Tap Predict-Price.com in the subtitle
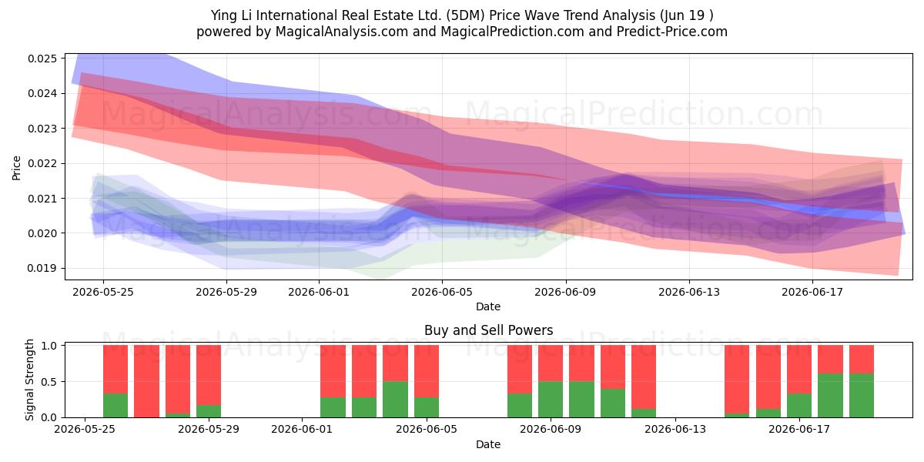(x=672, y=32)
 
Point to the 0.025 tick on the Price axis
(x=42, y=59)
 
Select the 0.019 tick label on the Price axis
(x=42, y=269)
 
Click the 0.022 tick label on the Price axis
(x=42, y=164)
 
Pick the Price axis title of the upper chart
(x=16, y=168)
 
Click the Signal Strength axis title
(x=30, y=380)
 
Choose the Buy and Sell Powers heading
(x=488, y=330)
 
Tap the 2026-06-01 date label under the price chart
(x=319, y=292)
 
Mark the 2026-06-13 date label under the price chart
(x=689, y=292)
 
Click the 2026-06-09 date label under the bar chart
(x=551, y=430)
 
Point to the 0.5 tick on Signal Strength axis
(x=49, y=382)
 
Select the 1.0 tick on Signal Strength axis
(x=49, y=346)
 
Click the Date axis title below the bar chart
(x=488, y=445)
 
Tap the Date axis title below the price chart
(x=488, y=307)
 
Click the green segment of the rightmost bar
(x=862, y=396)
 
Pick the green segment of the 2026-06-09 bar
(x=551, y=400)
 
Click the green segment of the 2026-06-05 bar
(x=427, y=407)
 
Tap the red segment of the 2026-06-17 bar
(x=799, y=370)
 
